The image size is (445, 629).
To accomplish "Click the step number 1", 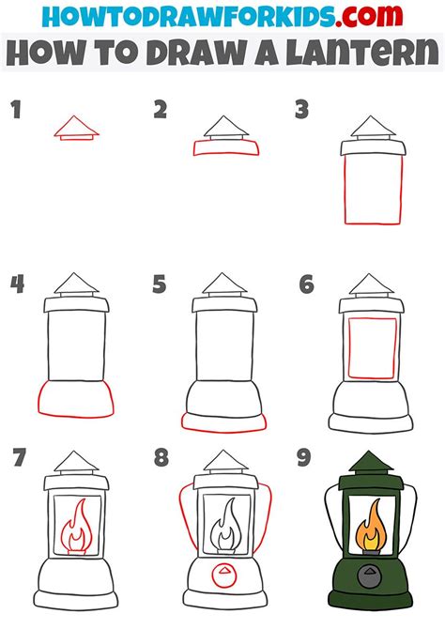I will (16, 112).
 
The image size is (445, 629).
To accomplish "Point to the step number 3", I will (302, 112).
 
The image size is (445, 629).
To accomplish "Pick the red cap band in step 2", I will (222, 147).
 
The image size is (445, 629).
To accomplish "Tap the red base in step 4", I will (78, 398).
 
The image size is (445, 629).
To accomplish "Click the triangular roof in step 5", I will (222, 284).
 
